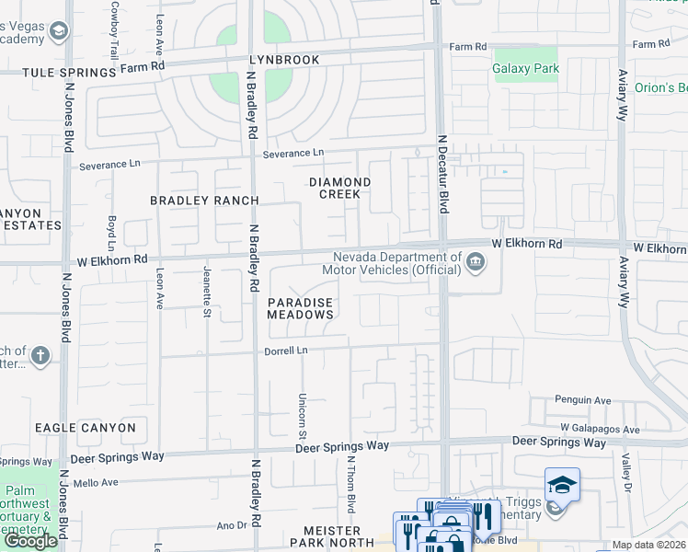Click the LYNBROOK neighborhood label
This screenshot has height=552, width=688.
[x=284, y=60]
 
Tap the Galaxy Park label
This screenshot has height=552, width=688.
[x=526, y=68]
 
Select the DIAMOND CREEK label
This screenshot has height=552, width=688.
[x=339, y=188]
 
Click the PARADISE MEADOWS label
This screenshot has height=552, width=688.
[x=300, y=308]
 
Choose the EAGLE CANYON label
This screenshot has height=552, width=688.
[x=86, y=428]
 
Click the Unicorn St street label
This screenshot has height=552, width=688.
[x=302, y=408]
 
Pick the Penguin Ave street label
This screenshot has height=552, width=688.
[x=582, y=400]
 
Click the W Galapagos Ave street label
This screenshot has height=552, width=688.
[x=600, y=430]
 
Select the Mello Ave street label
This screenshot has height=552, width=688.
[x=97, y=482]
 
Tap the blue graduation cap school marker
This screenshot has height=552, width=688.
[x=562, y=484]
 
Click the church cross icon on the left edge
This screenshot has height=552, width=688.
[x=40, y=355]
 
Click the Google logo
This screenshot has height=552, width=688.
[x=30, y=541]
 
